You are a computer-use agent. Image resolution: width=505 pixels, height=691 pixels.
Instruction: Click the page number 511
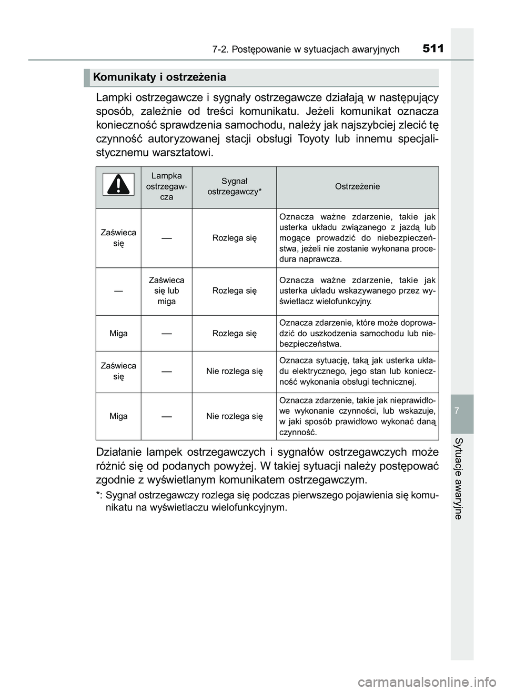pos(433,49)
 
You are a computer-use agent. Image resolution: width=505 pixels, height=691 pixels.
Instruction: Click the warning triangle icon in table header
pos(118,187)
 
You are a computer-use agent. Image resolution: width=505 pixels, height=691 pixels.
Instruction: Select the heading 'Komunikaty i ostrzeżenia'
pos(159,77)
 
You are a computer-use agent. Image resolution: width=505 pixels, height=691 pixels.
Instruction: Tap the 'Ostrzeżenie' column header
pos(357,186)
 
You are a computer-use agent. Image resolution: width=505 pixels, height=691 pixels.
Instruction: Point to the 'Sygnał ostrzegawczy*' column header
pos(234,186)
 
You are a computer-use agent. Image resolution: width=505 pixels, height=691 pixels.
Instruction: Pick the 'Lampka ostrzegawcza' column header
pos(166,186)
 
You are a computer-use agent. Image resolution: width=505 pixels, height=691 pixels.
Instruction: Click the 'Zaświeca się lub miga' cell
pos(166,291)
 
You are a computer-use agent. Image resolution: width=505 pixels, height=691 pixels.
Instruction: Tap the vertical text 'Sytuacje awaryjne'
pos(459,478)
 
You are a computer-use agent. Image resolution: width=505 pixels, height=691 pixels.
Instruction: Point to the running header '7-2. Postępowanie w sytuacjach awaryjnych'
pos(306,50)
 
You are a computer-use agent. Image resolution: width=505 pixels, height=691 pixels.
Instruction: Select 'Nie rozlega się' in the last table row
pos(234,416)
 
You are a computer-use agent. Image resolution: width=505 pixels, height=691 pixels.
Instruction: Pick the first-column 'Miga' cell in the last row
pos(118,416)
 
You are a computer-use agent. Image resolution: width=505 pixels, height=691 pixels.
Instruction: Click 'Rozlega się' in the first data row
pos(234,238)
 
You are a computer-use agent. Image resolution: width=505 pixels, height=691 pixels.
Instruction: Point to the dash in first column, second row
pos(118,291)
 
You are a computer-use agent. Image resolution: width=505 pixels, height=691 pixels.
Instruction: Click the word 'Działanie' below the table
pos(119,453)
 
